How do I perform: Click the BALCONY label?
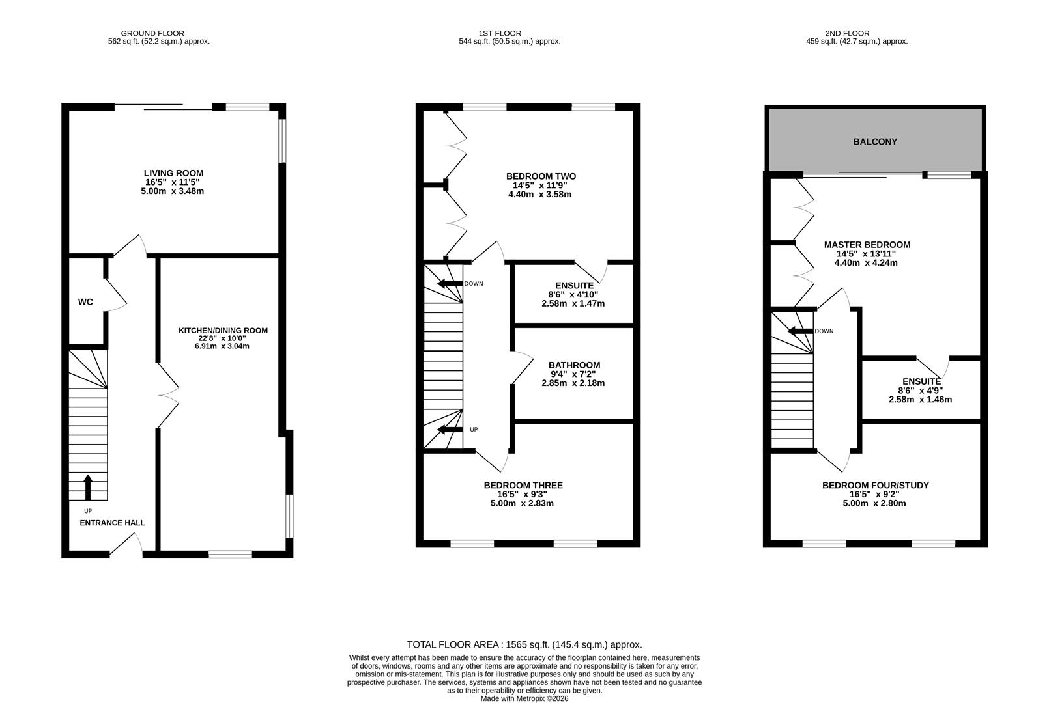pyautogui.click(x=875, y=141)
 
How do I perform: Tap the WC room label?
pyautogui.click(x=85, y=302)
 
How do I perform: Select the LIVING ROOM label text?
pyautogui.click(x=173, y=173)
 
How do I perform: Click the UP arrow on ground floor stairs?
pyautogui.click(x=88, y=487)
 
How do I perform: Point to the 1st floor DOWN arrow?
pyautogui.click(x=449, y=284)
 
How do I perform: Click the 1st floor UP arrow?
pyautogui.click(x=449, y=430)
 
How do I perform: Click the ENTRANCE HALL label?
pyautogui.click(x=112, y=523)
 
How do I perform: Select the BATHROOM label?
pyautogui.click(x=574, y=365)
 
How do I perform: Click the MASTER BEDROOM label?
pyautogui.click(x=867, y=245)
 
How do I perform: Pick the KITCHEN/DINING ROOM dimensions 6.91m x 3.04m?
pyautogui.click(x=222, y=346)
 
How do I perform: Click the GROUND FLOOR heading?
pyautogui.click(x=152, y=33)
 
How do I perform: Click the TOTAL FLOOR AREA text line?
pyautogui.click(x=524, y=644)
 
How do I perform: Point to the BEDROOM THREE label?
pyautogui.click(x=523, y=485)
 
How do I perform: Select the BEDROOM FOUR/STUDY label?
pyautogui.click(x=875, y=485)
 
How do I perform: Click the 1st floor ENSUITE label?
pyautogui.click(x=574, y=285)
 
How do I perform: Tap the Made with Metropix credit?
pyautogui.click(x=524, y=698)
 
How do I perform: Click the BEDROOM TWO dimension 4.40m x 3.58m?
pyautogui.click(x=539, y=194)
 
